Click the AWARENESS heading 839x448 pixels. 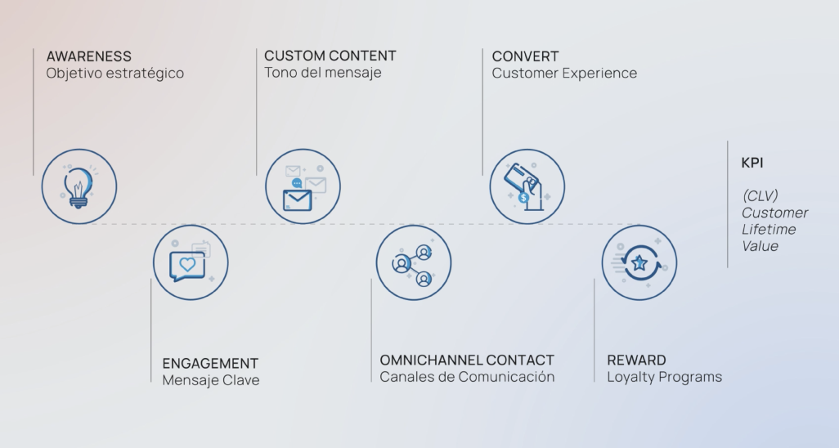coord(88,56)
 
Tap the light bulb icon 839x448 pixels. coord(79,186)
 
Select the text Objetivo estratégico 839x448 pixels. coord(114,74)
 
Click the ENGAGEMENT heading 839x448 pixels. coord(210,364)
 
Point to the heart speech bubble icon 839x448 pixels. coord(190,263)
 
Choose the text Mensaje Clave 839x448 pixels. coord(211,380)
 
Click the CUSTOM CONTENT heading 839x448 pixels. coord(330,56)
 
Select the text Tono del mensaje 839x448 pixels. coord(322,73)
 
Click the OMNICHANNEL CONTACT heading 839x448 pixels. coord(467,361)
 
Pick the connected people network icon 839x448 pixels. coord(413,263)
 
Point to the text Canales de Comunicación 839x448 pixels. coord(467,377)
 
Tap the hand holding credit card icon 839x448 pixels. coord(527,186)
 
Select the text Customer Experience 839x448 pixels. coord(564,74)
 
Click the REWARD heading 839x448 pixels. coord(636,361)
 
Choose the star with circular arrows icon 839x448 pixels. coord(639,263)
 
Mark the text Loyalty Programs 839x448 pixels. coord(664,377)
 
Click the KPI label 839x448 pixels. coord(752,163)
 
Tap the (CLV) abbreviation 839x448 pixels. coord(760,196)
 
